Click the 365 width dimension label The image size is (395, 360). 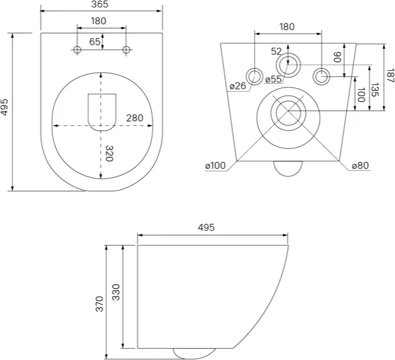100,4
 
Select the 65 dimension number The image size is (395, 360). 95,42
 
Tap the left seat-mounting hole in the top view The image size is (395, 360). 77,50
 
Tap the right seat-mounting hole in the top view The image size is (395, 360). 126,50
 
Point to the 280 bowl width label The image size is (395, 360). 135,118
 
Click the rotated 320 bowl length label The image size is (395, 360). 109,153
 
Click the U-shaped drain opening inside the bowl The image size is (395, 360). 102,112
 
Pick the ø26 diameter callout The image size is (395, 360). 237,86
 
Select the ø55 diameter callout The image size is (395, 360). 273,79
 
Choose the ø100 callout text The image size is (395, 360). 216,166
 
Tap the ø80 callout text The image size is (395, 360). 360,165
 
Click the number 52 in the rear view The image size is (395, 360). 276,52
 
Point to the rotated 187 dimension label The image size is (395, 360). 390,75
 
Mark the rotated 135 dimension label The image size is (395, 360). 375,89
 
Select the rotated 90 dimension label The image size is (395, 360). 337,57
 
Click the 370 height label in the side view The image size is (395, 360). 99,304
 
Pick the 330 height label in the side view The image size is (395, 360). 116,292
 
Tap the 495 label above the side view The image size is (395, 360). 206,227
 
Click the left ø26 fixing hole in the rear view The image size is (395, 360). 255,76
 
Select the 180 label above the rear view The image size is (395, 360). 287,27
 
